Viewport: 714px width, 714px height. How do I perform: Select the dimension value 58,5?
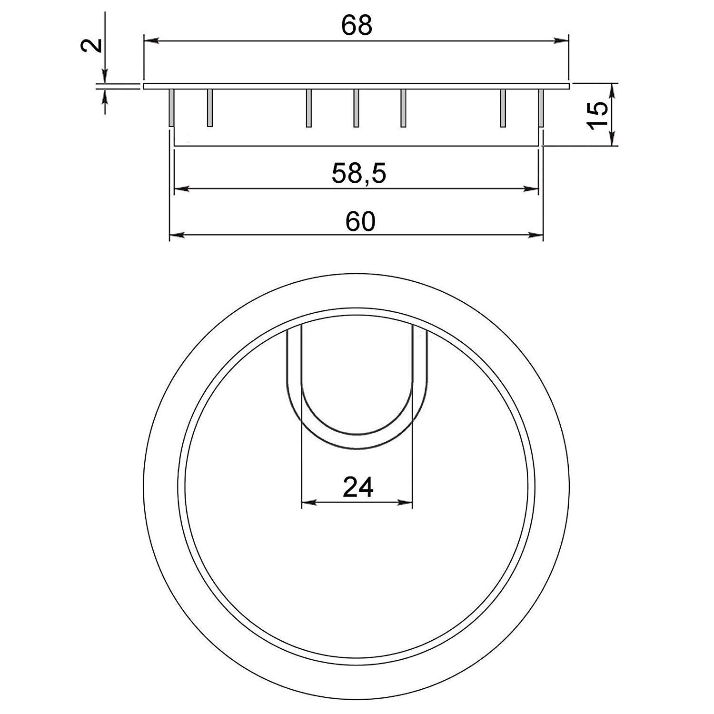358,174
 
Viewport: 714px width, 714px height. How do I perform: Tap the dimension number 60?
360,221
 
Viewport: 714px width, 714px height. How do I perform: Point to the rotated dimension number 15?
598,114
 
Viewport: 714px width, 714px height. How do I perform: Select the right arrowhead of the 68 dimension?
561,41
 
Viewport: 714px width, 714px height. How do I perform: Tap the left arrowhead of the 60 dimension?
178,235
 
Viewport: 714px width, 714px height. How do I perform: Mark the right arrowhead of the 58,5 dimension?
530,189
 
